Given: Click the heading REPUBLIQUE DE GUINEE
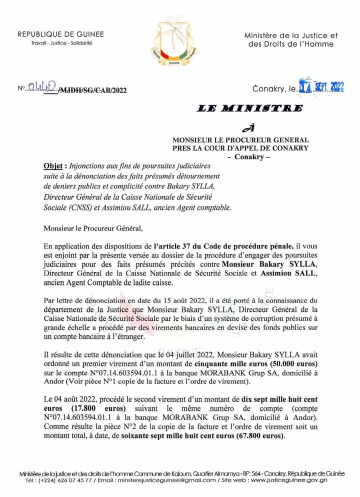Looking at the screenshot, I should (x=61, y=34).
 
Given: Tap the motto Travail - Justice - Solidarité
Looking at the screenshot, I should (x=61, y=43).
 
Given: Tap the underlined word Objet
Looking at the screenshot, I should (x=52, y=165).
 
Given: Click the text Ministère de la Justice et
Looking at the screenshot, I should (x=290, y=35).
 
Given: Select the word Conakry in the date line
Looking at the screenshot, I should (x=270, y=88).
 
